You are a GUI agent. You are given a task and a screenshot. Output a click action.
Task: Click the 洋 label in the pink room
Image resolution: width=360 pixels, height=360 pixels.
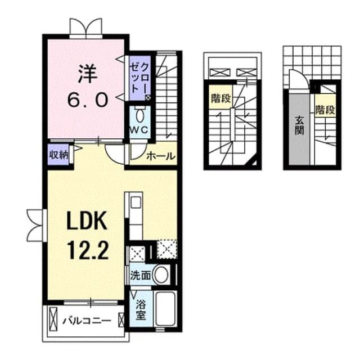[x=88, y=74]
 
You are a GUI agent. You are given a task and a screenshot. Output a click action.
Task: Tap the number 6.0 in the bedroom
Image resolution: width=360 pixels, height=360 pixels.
[x=88, y=100]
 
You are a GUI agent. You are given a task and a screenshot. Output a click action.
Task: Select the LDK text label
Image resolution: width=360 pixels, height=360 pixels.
[x=87, y=221]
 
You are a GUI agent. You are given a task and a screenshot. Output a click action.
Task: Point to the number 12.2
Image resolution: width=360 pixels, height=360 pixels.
[x=88, y=251]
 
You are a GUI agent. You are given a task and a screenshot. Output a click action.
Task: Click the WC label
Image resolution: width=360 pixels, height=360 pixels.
[x=139, y=130]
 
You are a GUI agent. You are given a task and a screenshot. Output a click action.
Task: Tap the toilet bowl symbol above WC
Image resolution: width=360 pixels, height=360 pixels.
[x=139, y=116]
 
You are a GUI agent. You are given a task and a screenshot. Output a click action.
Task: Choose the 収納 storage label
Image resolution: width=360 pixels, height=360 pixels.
[x=59, y=155]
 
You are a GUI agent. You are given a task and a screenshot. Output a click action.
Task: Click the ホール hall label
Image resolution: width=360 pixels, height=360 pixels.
[x=160, y=156]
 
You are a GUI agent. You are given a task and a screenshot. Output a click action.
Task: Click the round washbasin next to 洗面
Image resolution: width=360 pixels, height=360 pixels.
[x=161, y=275]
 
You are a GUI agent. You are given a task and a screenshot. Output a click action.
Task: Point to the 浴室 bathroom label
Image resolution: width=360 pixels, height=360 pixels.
[x=141, y=310]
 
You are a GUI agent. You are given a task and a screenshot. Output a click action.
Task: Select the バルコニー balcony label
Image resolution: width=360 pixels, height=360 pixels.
[x=87, y=321]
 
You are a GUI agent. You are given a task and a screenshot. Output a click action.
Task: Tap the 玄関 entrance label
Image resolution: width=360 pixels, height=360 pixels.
[x=299, y=125]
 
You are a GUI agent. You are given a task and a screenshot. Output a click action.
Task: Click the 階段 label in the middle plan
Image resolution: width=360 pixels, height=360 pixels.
[x=221, y=99]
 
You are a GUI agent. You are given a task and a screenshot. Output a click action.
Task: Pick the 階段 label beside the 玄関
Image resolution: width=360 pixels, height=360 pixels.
[x=325, y=110]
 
